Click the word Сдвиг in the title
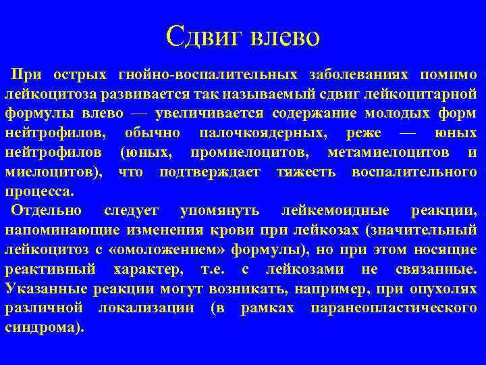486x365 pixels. (205, 36)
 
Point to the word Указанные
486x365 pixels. (42, 289)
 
